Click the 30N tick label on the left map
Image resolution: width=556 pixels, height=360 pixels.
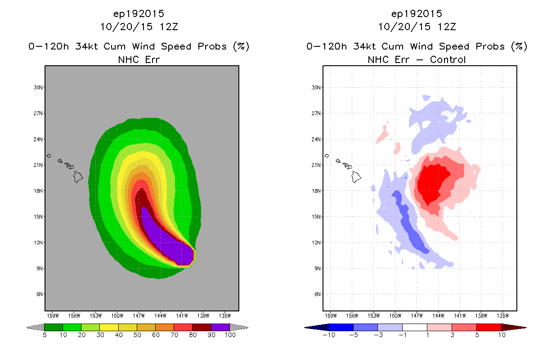pos(38,87)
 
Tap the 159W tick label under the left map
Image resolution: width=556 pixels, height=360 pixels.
pos(53,316)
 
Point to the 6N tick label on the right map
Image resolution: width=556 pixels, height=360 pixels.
pos(318,294)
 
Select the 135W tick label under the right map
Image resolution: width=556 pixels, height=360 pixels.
pos(502,316)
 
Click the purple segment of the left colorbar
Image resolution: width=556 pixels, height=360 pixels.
pos(220,327)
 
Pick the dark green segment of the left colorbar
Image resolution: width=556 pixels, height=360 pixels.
pos(54,327)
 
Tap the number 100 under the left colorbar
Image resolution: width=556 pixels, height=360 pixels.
pos(230,335)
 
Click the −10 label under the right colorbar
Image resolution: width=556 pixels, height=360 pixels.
pos(329,335)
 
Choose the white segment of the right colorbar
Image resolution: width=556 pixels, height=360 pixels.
pos(415,327)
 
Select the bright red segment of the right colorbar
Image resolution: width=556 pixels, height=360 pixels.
pos(489,327)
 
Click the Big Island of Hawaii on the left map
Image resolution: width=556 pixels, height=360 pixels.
pos(78,177)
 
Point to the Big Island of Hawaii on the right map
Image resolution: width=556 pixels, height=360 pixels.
pos(356,177)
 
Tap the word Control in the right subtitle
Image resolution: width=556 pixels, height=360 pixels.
pos(448,59)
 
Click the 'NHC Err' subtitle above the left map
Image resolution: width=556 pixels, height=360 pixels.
pos(139,59)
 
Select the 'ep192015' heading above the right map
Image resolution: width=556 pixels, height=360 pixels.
pos(417,13)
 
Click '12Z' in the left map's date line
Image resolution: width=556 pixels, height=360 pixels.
pos(169,27)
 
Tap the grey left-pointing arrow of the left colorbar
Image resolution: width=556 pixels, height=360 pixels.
pos(35,327)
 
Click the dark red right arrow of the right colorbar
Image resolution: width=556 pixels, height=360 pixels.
pos(514,328)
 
